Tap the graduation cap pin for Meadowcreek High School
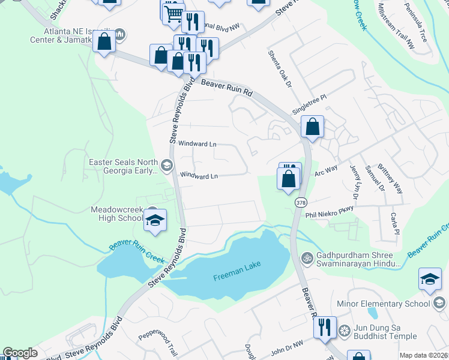point(155,220)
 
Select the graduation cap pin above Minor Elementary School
point(430,279)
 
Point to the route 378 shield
point(299,203)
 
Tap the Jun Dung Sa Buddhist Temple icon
point(345,331)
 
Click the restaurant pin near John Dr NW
point(325,327)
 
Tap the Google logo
point(20,353)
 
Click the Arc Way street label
point(327,173)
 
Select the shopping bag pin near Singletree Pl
point(312,127)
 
